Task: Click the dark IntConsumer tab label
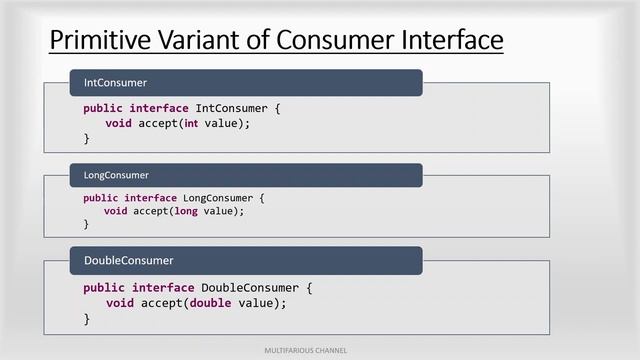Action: [115, 82]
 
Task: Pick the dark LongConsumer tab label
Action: [116, 176]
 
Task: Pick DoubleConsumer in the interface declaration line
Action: [251, 287]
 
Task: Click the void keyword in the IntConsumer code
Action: [118, 123]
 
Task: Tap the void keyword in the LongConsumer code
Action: [115, 211]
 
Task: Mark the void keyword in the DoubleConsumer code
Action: [120, 303]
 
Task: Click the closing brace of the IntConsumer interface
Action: [87, 139]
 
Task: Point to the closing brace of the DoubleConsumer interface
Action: [87, 319]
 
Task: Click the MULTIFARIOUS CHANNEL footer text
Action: [320, 351]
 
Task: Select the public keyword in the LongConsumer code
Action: [101, 197]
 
